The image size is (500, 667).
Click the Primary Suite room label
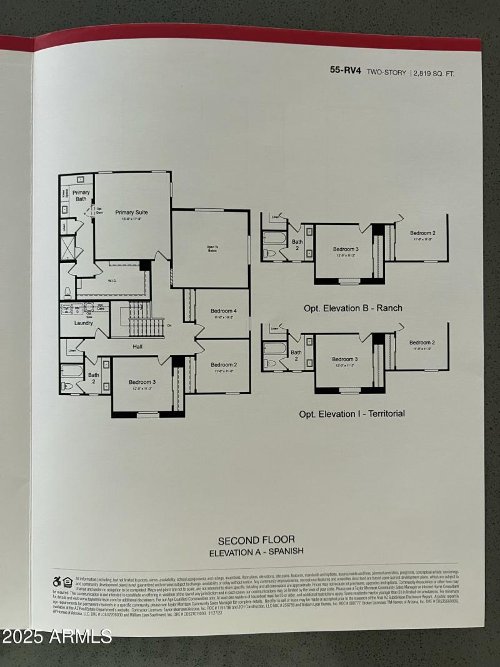pyautogui.click(x=131, y=213)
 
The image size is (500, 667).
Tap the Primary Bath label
pyautogui.click(x=81, y=196)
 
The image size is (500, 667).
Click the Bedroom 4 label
pyautogui.click(x=224, y=311)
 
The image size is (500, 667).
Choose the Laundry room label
pyautogui.click(x=83, y=323)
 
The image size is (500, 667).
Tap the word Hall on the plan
pyautogui.click(x=138, y=346)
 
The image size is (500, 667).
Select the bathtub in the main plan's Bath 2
pyautogui.click(x=72, y=371)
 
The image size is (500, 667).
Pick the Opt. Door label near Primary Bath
pyautogui.click(x=99, y=211)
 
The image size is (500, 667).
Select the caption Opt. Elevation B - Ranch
pyautogui.click(x=353, y=308)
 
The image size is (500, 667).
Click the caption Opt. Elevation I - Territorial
pyautogui.click(x=352, y=413)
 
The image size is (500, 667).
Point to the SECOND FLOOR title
pyautogui.click(x=256, y=540)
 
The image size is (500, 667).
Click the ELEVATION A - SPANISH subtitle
pyautogui.click(x=256, y=551)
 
